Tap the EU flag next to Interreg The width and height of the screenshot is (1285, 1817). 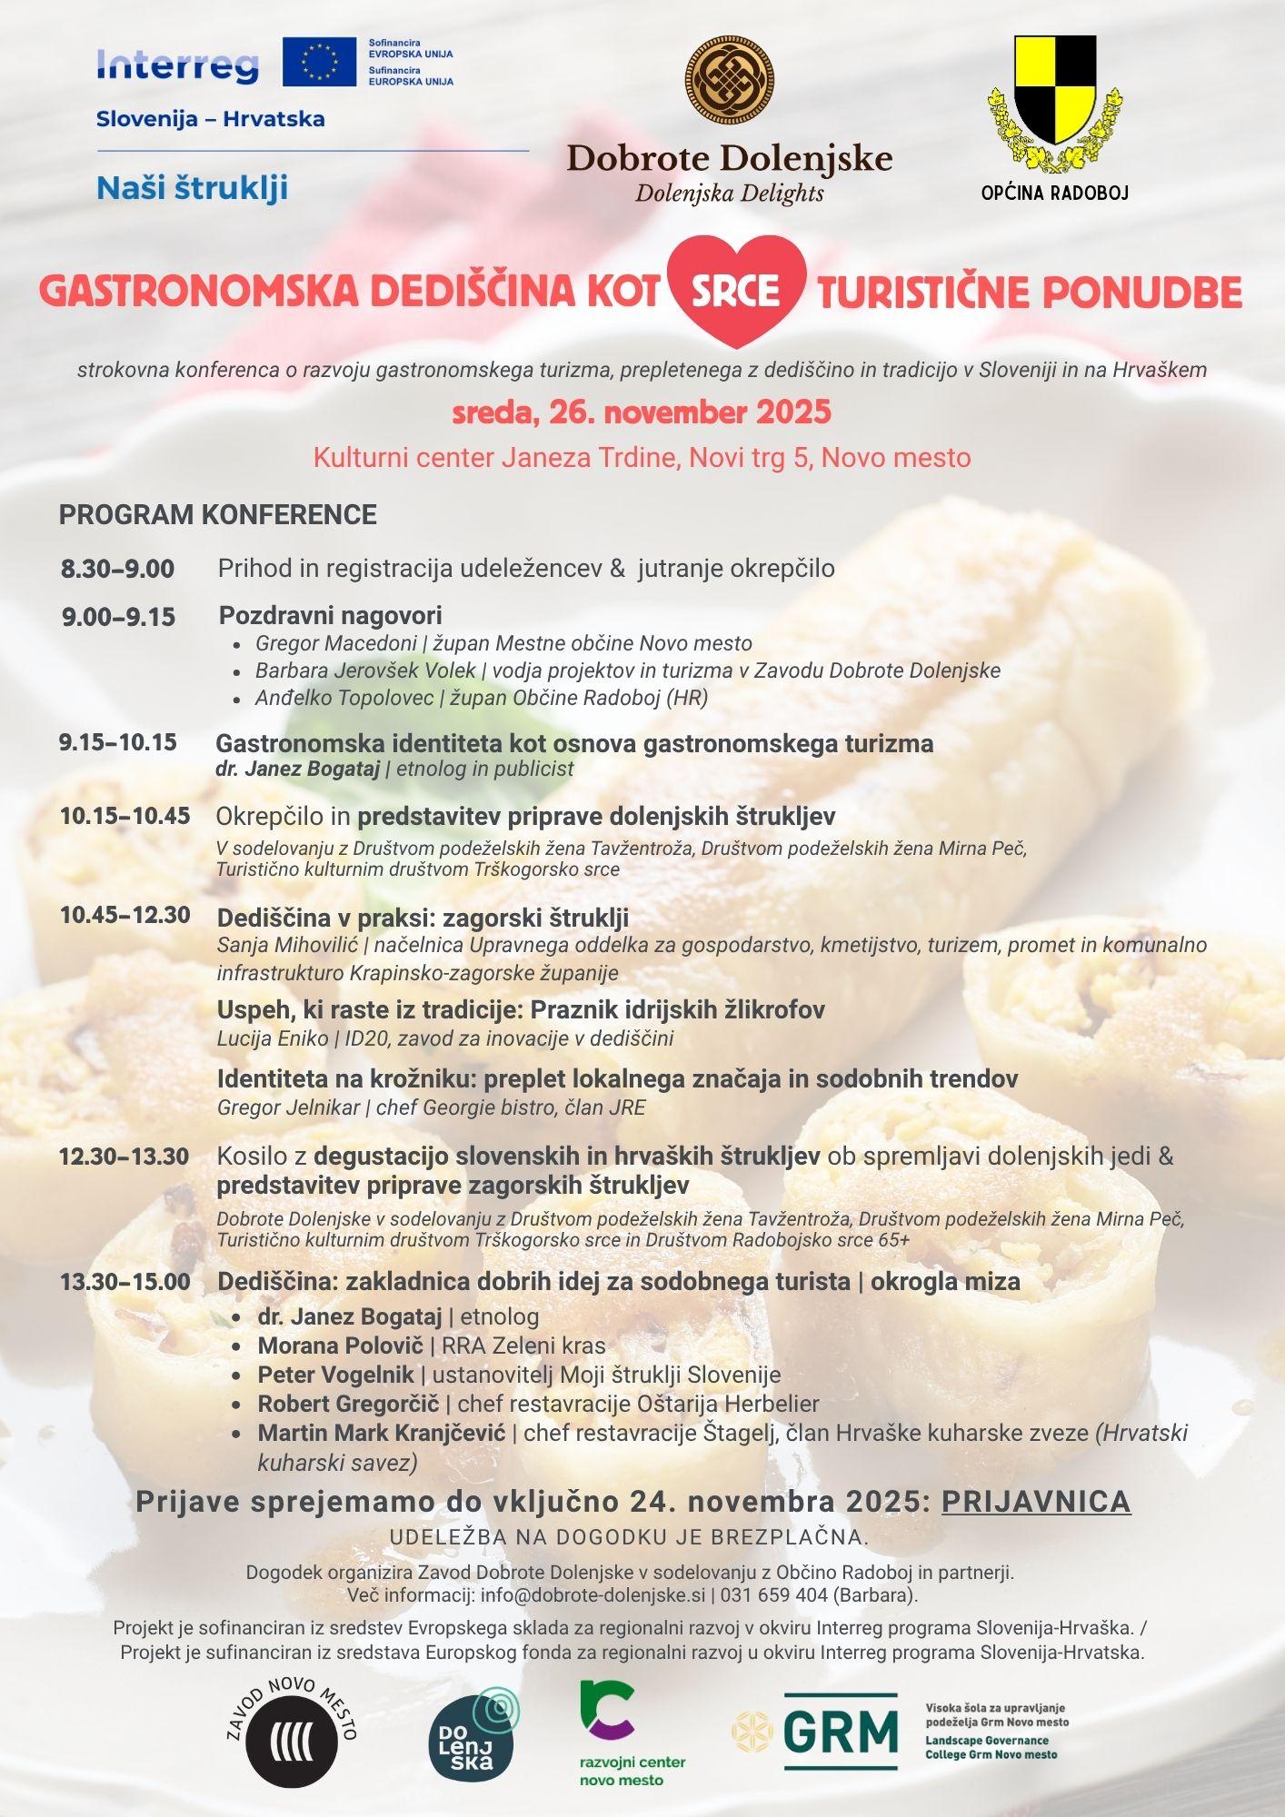point(319,62)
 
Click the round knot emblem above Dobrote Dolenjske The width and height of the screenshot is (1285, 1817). point(729,81)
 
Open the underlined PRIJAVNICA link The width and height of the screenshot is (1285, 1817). point(1036,1502)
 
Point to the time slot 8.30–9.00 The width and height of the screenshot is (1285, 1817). point(118,570)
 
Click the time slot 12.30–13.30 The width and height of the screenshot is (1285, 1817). point(125,1157)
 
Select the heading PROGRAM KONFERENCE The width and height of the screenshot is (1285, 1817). point(218,515)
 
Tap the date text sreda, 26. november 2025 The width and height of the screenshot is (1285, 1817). point(642,412)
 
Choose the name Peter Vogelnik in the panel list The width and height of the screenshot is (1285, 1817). point(335,1375)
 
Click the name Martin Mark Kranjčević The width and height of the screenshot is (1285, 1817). point(382,1433)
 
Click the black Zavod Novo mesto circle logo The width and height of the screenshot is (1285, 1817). point(292,1740)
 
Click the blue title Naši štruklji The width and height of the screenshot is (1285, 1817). point(192,188)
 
